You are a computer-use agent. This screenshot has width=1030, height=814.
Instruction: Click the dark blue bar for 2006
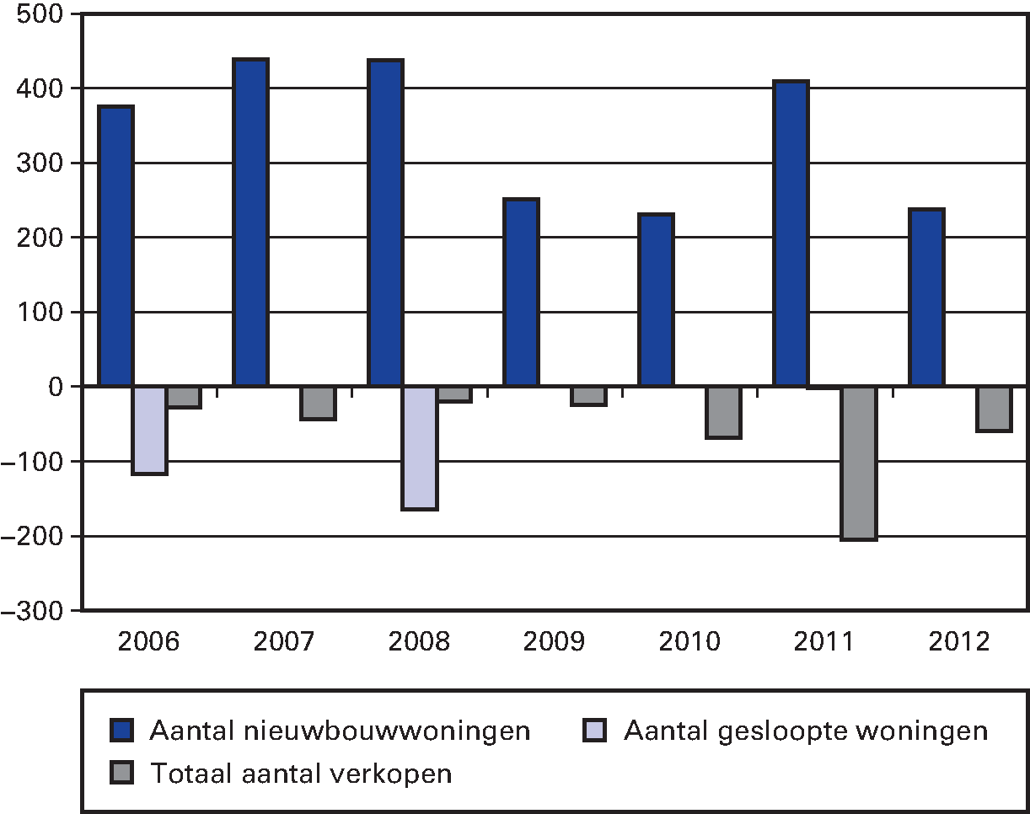[x=115, y=246]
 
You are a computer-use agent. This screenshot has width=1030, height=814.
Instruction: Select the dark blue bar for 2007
[x=250, y=222]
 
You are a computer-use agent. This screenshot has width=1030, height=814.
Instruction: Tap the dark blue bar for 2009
[x=521, y=292]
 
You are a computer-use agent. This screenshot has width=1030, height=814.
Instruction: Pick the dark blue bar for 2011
[x=791, y=234]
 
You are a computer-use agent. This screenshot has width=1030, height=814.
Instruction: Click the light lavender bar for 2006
[x=150, y=430]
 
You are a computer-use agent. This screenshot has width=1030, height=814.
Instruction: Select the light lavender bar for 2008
[x=420, y=447]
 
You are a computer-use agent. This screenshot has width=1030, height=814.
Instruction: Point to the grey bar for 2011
[x=859, y=463]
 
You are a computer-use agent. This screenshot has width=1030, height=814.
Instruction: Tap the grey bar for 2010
[x=724, y=412]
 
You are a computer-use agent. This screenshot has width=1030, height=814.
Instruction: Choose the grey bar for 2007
[x=319, y=403]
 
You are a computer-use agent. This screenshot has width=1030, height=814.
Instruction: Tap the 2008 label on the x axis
[x=419, y=642]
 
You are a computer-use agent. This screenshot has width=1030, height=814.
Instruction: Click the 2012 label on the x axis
[x=960, y=642]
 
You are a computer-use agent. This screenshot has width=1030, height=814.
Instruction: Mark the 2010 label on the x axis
[x=689, y=642]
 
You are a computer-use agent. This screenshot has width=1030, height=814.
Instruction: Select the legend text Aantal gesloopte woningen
[x=805, y=731]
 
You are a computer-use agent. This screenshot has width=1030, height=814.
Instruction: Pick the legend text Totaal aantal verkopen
[x=301, y=774]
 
